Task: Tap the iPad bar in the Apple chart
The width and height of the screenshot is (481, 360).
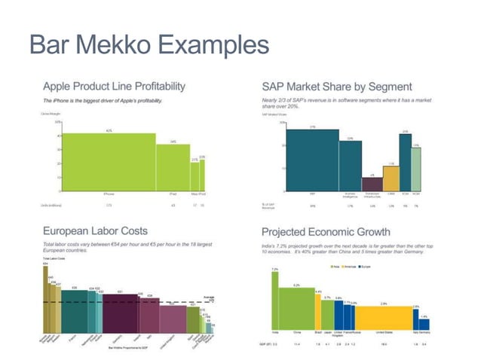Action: point(173,166)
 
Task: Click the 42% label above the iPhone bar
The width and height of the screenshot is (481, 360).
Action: point(109,131)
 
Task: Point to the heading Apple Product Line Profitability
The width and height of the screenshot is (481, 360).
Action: point(114,86)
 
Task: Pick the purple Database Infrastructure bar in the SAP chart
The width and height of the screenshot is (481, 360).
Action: point(372,184)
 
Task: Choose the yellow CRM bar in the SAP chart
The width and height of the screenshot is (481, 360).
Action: point(391,178)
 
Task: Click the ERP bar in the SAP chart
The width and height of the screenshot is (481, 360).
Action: point(312,160)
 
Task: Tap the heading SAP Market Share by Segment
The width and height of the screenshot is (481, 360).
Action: point(336,86)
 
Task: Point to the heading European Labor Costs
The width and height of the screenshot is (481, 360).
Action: point(95,230)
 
